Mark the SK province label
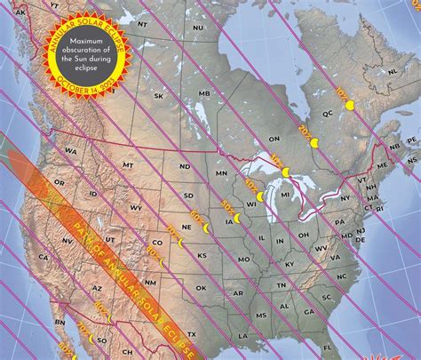(159, 95)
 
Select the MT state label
(128, 164)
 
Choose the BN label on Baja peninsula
(59, 322)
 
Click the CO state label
(158, 241)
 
